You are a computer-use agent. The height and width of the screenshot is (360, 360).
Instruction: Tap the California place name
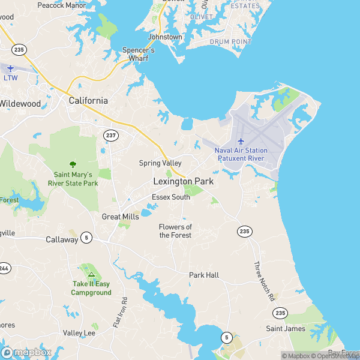coord(88,101)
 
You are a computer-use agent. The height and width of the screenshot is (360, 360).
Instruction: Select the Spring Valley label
coord(160,163)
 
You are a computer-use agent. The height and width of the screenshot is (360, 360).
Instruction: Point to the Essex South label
coord(170,197)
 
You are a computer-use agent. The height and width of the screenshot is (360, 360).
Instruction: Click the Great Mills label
coord(120,217)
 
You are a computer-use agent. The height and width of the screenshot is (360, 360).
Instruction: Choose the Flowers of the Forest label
coord(175,231)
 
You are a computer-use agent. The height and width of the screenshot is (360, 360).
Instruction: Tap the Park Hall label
coord(204,275)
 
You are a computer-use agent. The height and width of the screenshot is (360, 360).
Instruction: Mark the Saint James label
coord(286,329)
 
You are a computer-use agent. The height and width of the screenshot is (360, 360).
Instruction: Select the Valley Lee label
coord(79,333)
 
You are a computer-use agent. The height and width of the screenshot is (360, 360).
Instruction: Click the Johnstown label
coord(165,37)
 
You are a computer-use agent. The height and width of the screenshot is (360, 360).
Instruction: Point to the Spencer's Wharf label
coord(139,55)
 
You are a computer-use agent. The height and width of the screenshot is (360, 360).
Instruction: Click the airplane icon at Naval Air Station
coord(241,141)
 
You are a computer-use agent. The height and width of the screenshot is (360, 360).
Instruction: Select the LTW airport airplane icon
coord(10,68)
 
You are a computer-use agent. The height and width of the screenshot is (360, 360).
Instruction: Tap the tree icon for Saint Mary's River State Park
coord(73,164)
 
